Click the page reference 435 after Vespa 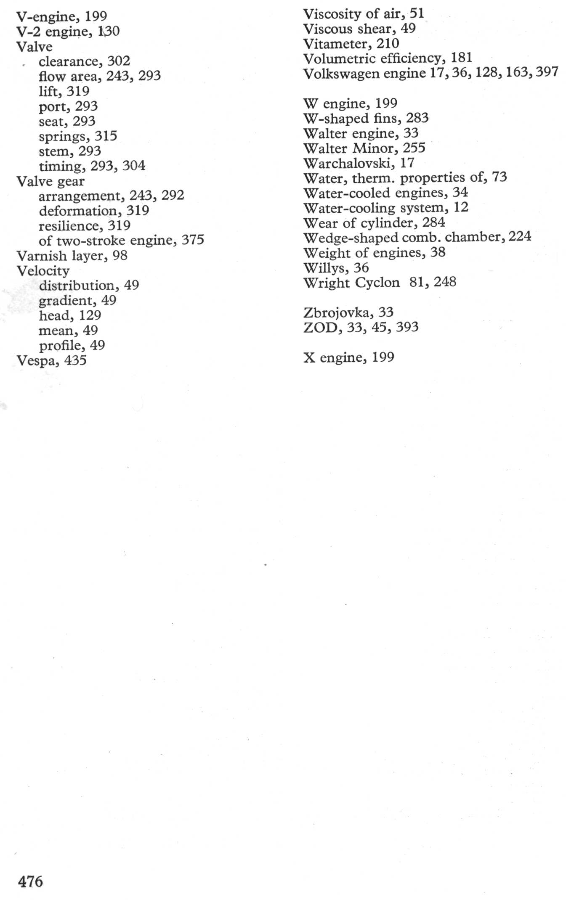(x=75, y=360)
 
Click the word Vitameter (x=335, y=44)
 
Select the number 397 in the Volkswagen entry (x=547, y=72)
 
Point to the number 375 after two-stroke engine (x=193, y=240)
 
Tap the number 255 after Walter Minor (x=414, y=148)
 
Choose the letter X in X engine (x=309, y=357)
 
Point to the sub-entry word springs (x=63, y=137)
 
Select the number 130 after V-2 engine (x=109, y=32)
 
